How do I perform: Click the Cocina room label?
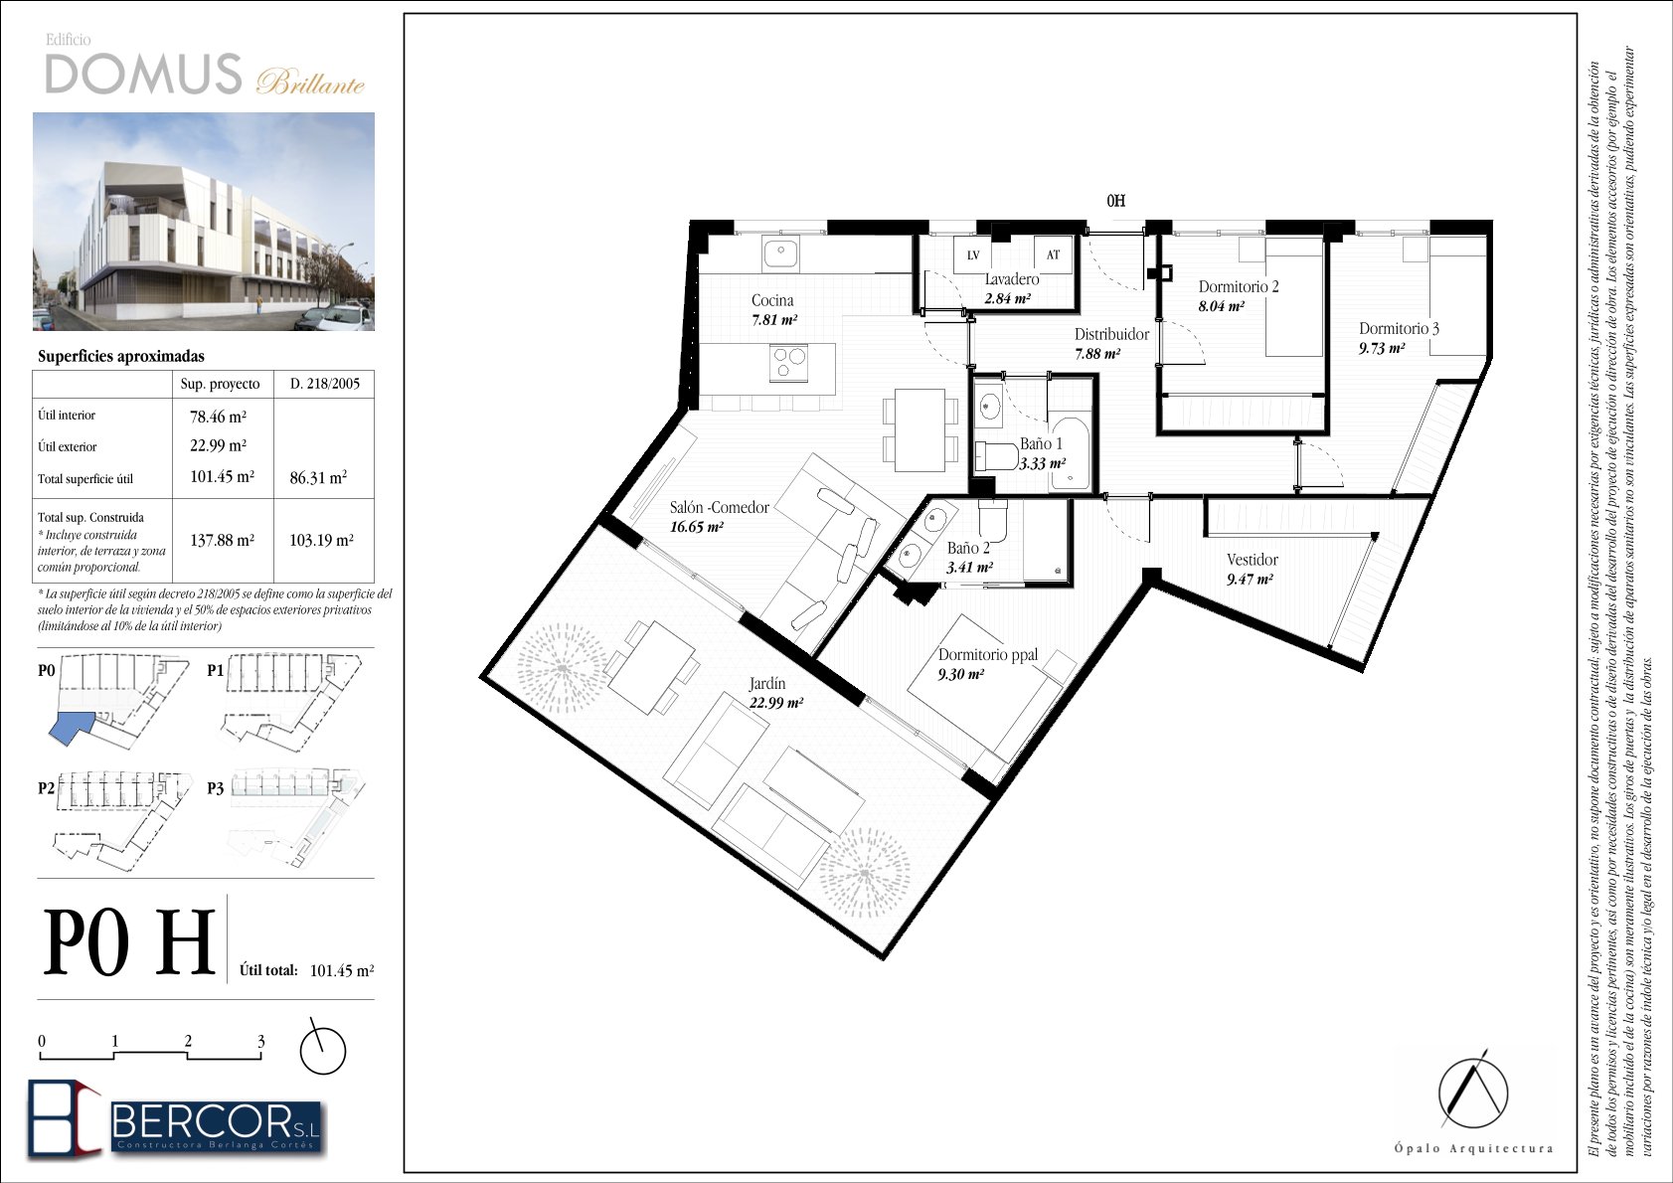tap(772, 300)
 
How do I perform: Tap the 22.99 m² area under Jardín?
tap(776, 702)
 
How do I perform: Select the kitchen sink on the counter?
tap(780, 253)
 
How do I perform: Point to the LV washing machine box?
tap(972, 255)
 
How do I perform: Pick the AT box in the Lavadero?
tap(1053, 254)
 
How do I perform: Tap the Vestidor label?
tap(1253, 560)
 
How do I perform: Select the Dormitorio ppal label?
tap(988, 655)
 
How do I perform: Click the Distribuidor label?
tap(1111, 335)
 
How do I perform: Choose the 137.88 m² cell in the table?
tap(222, 540)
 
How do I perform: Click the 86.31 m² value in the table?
tap(318, 477)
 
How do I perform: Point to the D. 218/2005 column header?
tap(325, 384)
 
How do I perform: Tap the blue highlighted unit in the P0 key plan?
tap(71, 728)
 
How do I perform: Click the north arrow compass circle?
tap(323, 1051)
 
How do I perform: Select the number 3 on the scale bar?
tap(260, 1041)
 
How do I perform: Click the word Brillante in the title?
tap(310, 83)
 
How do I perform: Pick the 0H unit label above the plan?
tap(1116, 201)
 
